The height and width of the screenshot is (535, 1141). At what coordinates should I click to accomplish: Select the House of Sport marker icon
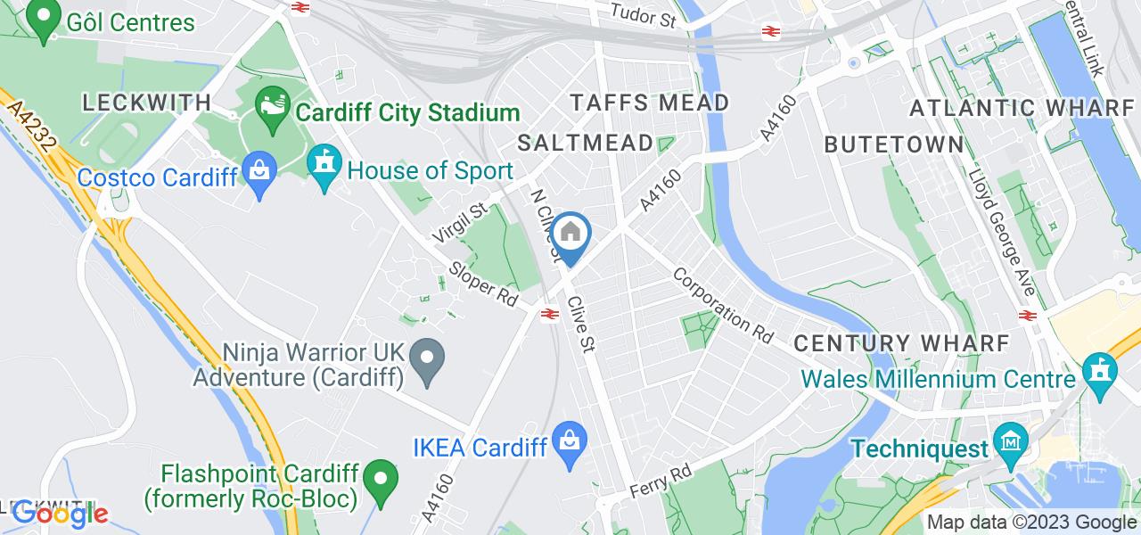point(324,166)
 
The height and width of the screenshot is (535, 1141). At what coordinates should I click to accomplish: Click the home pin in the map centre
point(570,235)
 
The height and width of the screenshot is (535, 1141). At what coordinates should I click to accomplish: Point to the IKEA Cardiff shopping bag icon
point(569,442)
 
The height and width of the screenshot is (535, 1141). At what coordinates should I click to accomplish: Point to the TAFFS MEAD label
point(650,103)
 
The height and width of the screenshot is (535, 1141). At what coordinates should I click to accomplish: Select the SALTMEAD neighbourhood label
point(583,143)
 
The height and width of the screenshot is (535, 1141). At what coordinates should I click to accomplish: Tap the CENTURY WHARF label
point(901,342)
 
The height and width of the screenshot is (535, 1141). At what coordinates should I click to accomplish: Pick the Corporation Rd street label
point(723,306)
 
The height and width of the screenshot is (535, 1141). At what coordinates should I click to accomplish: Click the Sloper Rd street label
point(485,284)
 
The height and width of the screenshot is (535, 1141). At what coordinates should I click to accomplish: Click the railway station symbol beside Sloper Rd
point(547,313)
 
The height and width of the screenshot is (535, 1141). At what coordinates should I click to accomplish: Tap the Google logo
point(60,514)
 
